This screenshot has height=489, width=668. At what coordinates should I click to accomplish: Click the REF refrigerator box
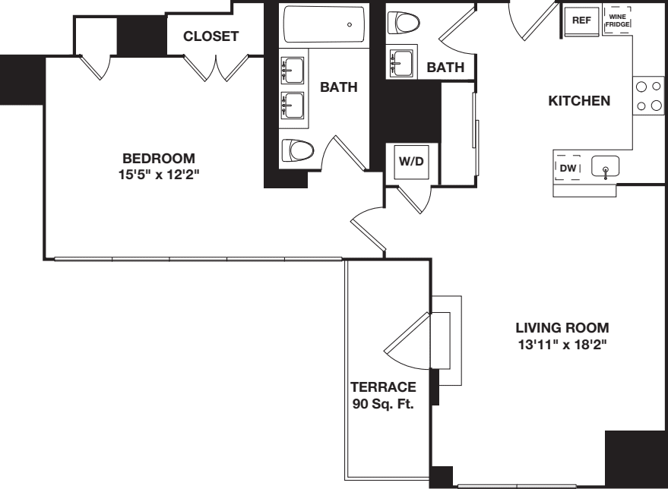[x=581, y=21]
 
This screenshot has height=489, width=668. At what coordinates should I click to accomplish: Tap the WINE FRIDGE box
[x=616, y=21]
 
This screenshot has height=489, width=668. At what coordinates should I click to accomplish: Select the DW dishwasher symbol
[x=568, y=168]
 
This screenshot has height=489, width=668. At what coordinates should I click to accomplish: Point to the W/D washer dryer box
[x=411, y=162]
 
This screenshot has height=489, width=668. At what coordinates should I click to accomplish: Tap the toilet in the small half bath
[x=404, y=24]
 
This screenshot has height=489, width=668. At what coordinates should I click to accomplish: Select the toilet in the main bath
[x=297, y=151]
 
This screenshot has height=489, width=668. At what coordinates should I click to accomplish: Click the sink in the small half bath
[x=400, y=62]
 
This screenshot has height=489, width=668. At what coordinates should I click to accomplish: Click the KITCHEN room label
[x=579, y=101]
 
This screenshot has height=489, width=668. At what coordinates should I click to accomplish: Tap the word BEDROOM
[x=159, y=159]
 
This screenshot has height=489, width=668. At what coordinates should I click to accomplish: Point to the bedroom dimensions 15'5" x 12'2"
[x=159, y=174]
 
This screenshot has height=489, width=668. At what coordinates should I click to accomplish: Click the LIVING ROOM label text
[x=562, y=328]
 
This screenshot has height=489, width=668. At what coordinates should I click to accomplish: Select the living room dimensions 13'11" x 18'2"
[x=562, y=344]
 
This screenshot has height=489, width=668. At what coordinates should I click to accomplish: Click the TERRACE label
[x=383, y=387]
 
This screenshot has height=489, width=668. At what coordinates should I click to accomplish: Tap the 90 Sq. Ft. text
[x=383, y=403]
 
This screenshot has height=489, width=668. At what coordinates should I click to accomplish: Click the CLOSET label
[x=211, y=36]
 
